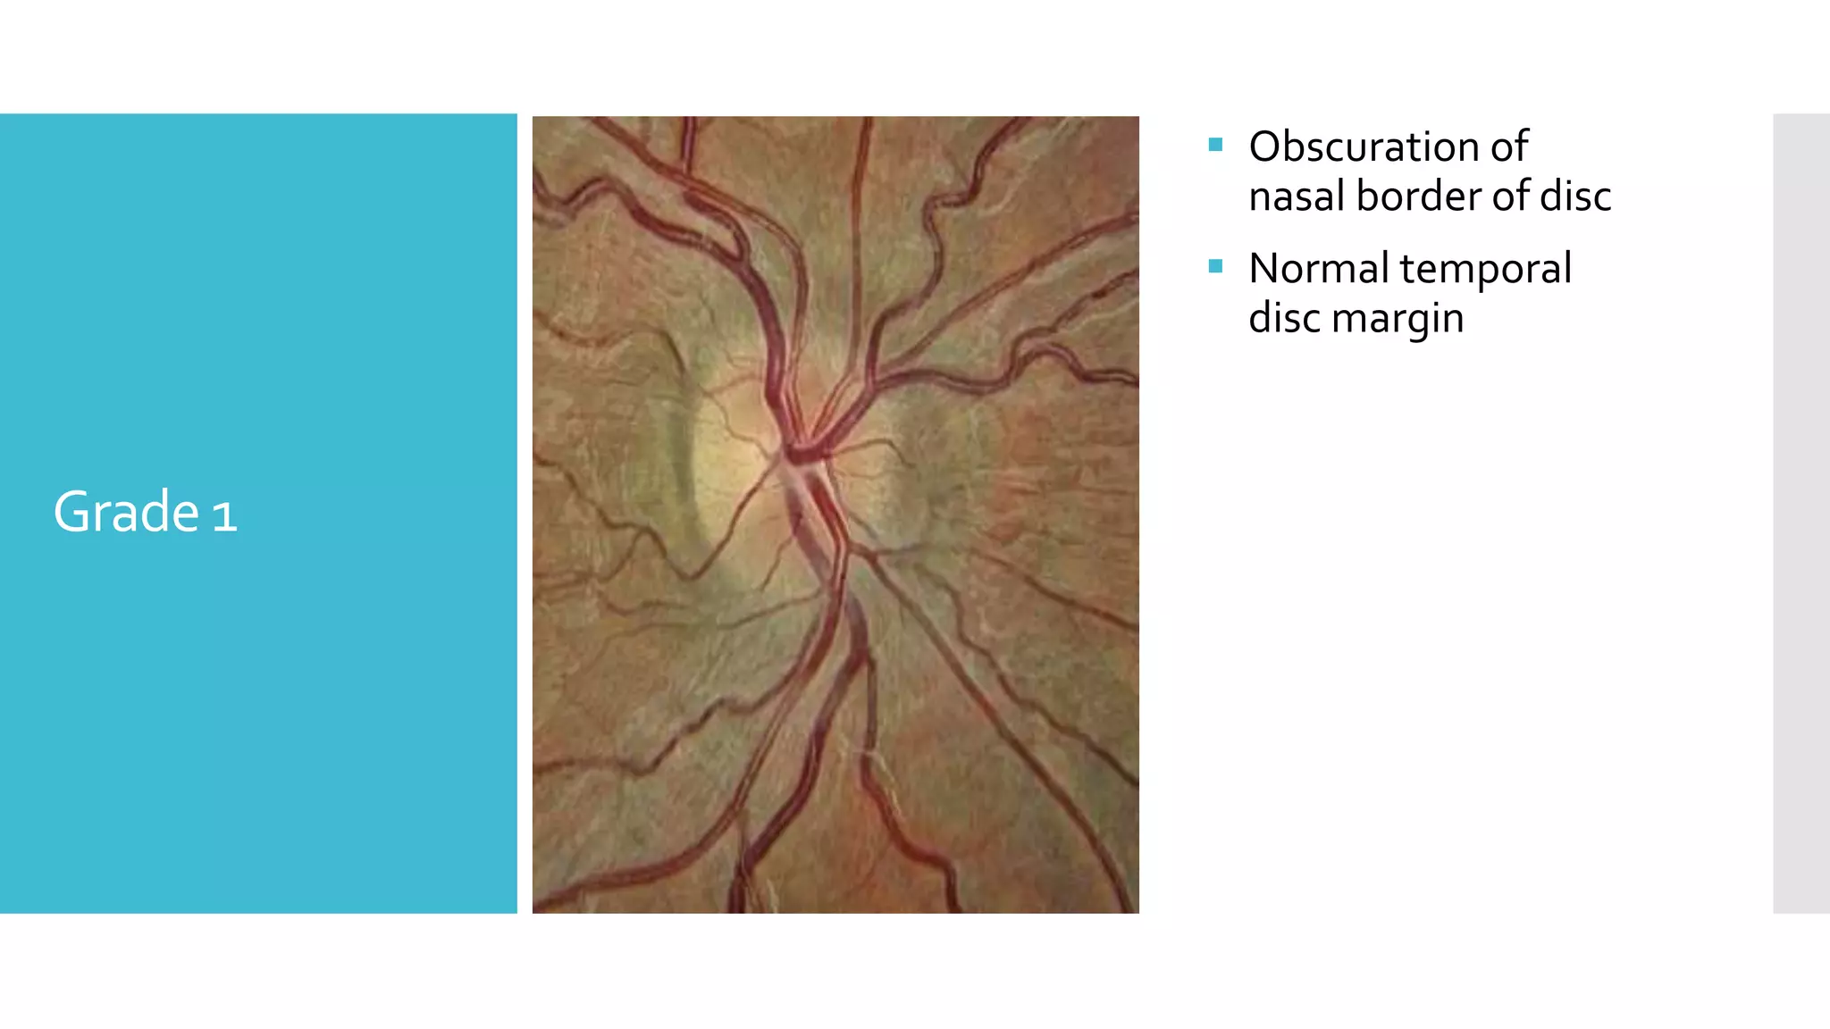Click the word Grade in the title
tap(126, 513)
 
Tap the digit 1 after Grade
tap(225, 516)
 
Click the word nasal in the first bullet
tap(1296, 197)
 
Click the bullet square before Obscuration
tap(1215, 145)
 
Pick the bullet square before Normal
tap(1215, 266)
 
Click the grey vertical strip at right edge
tap(1801, 513)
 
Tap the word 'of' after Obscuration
tap(1508, 147)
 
